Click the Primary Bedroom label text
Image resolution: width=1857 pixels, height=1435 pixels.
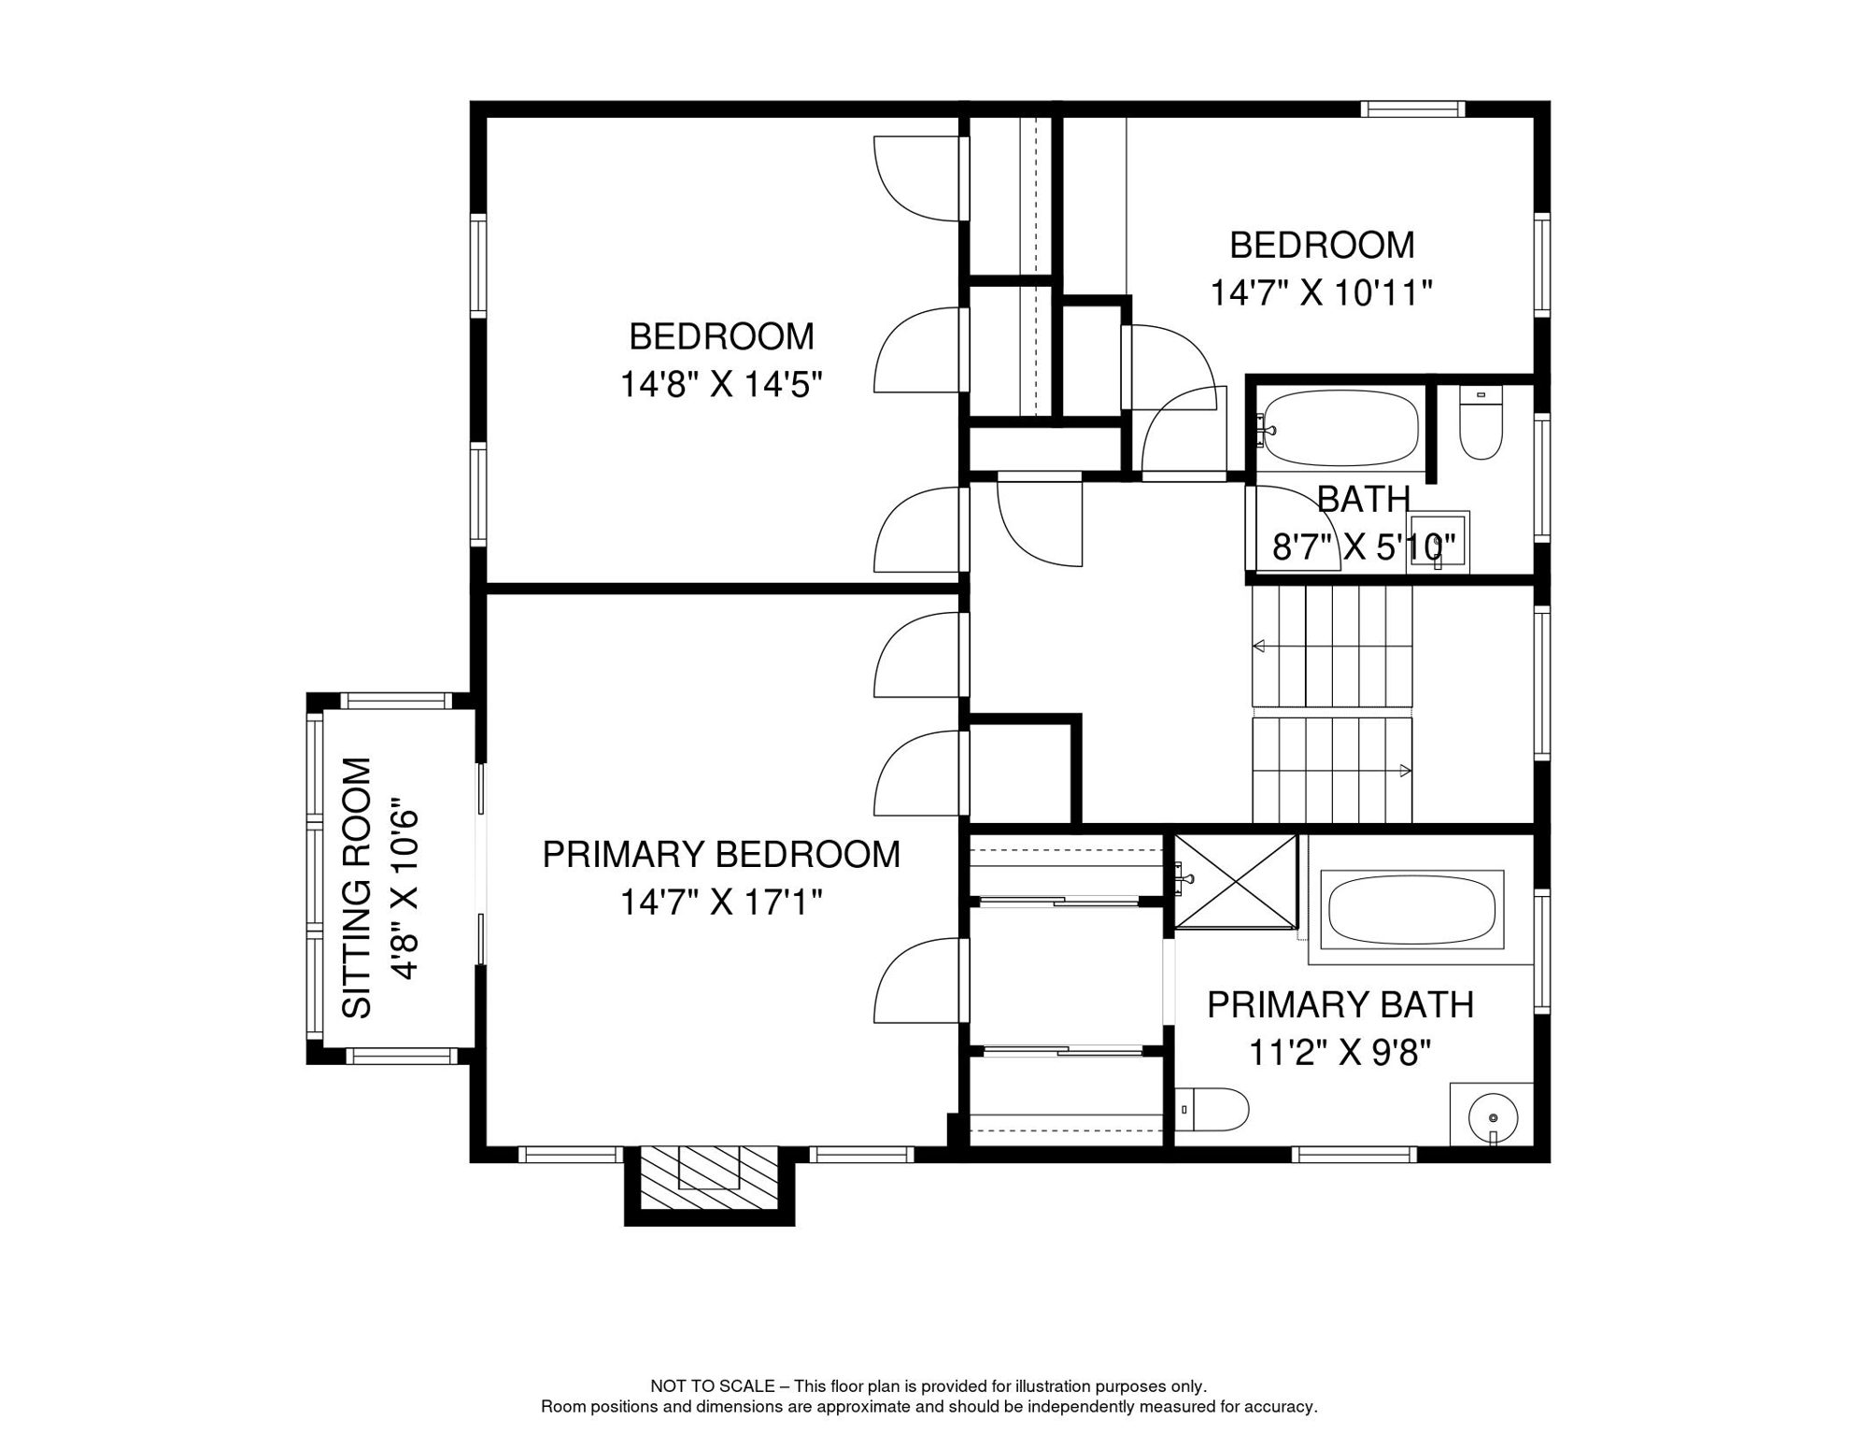tap(721, 855)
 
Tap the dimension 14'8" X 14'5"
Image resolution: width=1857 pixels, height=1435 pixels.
tap(721, 384)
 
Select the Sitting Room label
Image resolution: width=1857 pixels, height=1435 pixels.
tap(357, 888)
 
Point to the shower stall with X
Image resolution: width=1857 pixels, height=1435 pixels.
tap(1235, 882)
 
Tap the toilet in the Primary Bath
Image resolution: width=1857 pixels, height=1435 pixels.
tap(1212, 1110)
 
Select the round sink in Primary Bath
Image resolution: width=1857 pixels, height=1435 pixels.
tap(1493, 1117)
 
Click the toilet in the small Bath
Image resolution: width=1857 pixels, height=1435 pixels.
tap(1481, 425)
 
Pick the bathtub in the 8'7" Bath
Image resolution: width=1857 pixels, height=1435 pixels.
tap(1340, 428)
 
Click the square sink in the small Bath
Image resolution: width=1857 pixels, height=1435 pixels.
tap(1439, 542)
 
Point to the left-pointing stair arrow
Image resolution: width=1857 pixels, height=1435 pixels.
tap(1259, 646)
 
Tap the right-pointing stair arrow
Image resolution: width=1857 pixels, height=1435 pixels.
tap(1405, 771)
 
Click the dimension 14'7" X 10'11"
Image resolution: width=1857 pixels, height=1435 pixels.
tap(1321, 293)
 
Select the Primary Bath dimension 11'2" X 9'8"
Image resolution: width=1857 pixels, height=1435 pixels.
tap(1340, 1053)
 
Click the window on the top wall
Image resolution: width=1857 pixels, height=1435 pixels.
tap(1411, 109)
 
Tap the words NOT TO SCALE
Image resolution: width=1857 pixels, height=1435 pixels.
tap(712, 1386)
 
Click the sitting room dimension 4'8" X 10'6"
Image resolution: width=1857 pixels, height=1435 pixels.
tap(404, 888)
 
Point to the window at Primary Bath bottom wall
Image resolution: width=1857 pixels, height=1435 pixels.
tap(1354, 1156)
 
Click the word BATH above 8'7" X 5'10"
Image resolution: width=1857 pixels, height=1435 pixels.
tap(1363, 500)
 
